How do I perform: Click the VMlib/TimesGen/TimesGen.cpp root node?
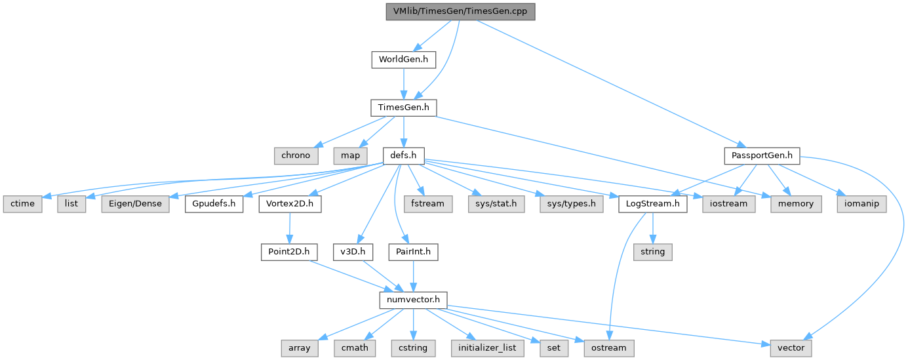click(x=460, y=11)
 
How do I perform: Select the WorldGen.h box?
click(x=403, y=60)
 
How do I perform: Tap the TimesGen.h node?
click(x=403, y=108)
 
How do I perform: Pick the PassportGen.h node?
click(x=762, y=155)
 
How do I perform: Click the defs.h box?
click(x=403, y=155)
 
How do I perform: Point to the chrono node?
click(x=296, y=155)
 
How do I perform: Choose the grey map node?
click(x=350, y=155)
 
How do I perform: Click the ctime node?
click(x=22, y=203)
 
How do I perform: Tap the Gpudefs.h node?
click(x=214, y=203)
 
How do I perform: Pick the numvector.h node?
click(x=413, y=300)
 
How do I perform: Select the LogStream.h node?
click(x=652, y=203)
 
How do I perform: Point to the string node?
click(x=652, y=251)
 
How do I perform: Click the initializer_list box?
click(x=488, y=348)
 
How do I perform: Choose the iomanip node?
click(x=861, y=203)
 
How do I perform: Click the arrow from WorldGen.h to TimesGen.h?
click(x=403, y=83)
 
